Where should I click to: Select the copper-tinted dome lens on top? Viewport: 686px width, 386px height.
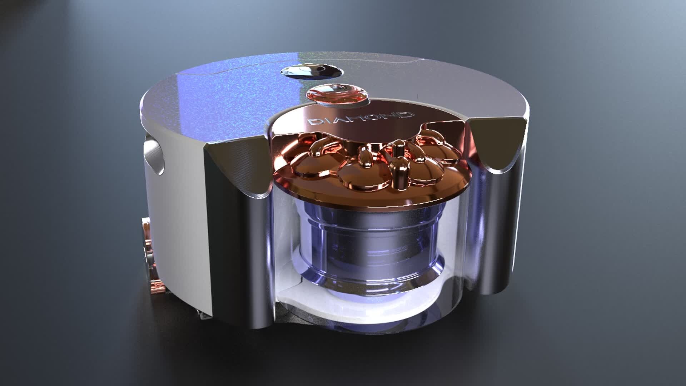(337, 94)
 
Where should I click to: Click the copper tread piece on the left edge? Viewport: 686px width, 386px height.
(147, 250)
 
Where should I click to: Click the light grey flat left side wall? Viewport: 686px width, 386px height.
(179, 222)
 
